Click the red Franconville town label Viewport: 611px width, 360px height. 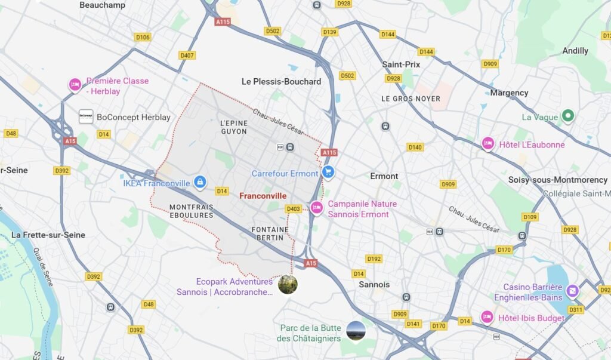coord(263,196)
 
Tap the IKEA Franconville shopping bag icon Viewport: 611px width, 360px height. coord(200,181)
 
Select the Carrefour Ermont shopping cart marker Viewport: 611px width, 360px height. coord(327,173)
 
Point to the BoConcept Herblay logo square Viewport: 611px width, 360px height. coord(86,116)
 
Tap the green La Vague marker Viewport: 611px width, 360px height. coord(567,116)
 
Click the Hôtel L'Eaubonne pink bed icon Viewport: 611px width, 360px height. coord(487,144)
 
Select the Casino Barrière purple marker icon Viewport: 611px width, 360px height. coord(572,291)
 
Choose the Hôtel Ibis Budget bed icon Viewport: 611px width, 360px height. coord(487,317)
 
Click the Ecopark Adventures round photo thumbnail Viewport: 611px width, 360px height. coord(288,284)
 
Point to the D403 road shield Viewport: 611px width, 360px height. coord(293,209)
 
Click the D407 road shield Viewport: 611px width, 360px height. coord(187,56)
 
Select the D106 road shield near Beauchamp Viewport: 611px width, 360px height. coord(143,37)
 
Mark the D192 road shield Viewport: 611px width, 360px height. coord(374,259)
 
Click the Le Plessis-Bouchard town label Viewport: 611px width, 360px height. coord(281,82)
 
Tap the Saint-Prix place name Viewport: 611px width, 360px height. coord(401,64)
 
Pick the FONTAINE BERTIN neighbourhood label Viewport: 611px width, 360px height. coord(270,234)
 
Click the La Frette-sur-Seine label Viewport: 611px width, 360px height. coord(48,235)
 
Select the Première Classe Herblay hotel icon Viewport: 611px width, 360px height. coord(75,85)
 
